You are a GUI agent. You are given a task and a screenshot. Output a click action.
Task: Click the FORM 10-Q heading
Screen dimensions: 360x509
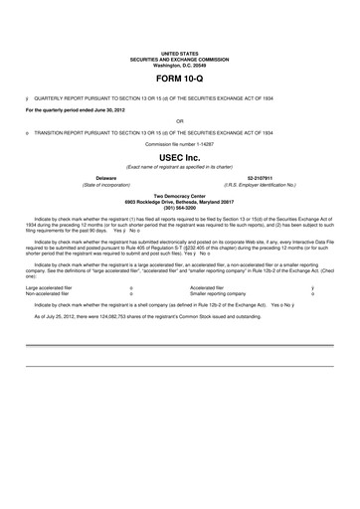point(180,77)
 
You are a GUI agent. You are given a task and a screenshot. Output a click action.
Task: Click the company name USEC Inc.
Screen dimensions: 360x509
point(180,157)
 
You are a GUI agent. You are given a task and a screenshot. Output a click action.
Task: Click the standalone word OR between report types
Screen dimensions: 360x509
point(180,121)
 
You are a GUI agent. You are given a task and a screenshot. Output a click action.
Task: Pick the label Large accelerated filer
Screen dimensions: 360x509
point(52,288)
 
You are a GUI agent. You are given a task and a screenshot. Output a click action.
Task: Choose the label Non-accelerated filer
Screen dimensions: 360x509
point(50,294)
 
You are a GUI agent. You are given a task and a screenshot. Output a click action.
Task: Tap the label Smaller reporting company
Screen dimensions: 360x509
point(218,294)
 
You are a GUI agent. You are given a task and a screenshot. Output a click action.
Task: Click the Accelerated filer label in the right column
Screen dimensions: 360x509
point(208,288)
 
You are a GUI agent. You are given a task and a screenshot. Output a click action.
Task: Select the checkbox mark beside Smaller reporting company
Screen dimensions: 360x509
point(313,294)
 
